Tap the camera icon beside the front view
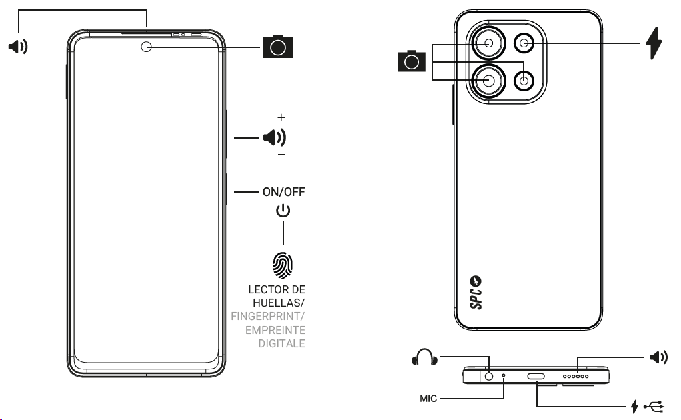tap(278, 46)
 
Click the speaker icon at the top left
tap(17, 47)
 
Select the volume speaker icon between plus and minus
tap(274, 138)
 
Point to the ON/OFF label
tap(283, 192)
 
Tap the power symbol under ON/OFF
tap(283, 211)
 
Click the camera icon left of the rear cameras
tap(411, 62)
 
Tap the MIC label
tap(428, 399)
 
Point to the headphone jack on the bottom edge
tap(490, 376)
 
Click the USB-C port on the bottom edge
tap(536, 377)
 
